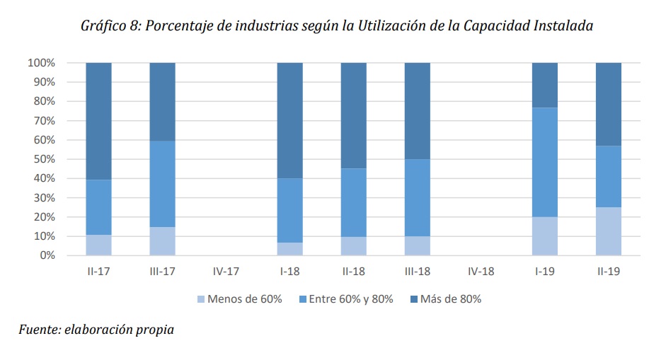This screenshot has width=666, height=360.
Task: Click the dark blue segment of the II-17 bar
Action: (98, 121)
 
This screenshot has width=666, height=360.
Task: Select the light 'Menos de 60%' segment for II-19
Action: (608, 231)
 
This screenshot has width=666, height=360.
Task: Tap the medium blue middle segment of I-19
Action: (544, 162)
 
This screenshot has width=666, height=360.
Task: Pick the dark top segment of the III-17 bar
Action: (162, 101)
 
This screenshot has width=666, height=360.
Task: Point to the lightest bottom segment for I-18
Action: (289, 249)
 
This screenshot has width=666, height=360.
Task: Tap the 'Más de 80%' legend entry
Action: (444, 298)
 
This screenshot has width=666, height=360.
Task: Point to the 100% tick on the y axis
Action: (41, 63)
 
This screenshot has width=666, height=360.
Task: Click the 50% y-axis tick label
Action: (43, 159)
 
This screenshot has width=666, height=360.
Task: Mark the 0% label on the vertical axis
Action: (46, 255)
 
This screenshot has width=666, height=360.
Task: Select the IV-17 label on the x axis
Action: (226, 272)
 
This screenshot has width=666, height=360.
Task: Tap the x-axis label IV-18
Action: (481, 272)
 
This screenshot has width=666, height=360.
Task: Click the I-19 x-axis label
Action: (544, 272)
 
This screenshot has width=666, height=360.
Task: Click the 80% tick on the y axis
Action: (43, 101)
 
